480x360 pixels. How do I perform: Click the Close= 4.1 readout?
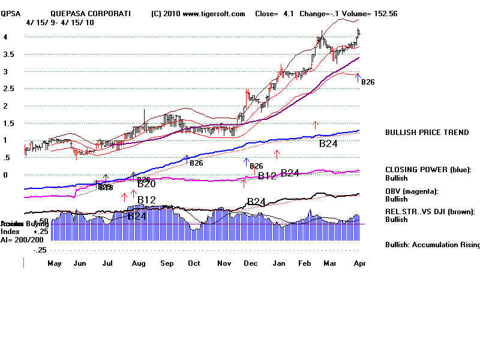[x=273, y=14]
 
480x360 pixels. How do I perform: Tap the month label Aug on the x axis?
[x=139, y=263]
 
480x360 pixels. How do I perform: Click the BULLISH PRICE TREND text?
[x=427, y=133]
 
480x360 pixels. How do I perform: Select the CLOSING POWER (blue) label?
[x=428, y=170]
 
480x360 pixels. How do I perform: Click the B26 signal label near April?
[x=368, y=82]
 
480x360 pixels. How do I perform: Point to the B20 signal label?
[x=146, y=184]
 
